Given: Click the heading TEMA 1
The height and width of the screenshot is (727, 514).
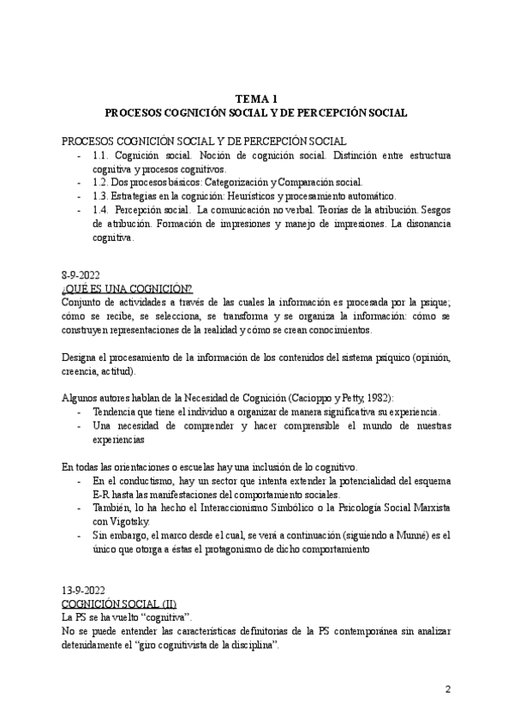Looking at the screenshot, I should point(256,99).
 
